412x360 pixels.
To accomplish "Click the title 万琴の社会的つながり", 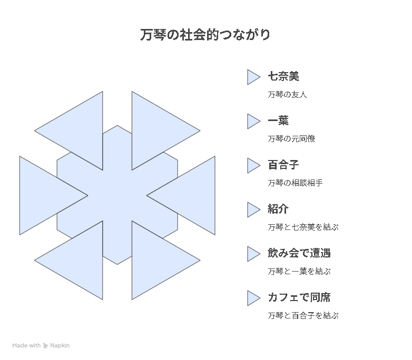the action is pyautogui.click(x=205, y=35).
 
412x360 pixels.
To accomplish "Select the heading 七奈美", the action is pyautogui.click(x=283, y=76).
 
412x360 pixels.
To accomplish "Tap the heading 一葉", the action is pyautogui.click(x=278, y=121).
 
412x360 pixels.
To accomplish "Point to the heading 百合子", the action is pyautogui.click(x=283, y=165).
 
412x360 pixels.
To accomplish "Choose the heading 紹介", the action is pyautogui.click(x=278, y=209).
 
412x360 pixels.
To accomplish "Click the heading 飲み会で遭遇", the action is pyautogui.click(x=299, y=253).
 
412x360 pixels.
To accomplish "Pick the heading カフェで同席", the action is pyautogui.click(x=299, y=297).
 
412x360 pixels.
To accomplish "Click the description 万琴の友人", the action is pyautogui.click(x=288, y=95).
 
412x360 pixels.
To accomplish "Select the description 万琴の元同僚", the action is pyautogui.click(x=291, y=138).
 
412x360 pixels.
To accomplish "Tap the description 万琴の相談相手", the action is pyautogui.click(x=296, y=183).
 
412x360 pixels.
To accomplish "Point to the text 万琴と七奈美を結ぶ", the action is pyautogui.click(x=303, y=227).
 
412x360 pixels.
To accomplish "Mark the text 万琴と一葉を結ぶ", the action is pyautogui.click(x=299, y=271).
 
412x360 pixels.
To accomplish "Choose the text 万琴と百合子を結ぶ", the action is pyautogui.click(x=303, y=315).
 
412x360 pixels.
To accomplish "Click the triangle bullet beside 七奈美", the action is pyautogui.click(x=252, y=77).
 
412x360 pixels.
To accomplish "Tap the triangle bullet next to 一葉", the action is pyautogui.click(x=252, y=121).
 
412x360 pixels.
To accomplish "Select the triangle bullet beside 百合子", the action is pyautogui.click(x=252, y=165).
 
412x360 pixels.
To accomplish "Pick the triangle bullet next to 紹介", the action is pyautogui.click(x=252, y=210).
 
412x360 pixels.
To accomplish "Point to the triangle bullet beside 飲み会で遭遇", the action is pyautogui.click(x=252, y=254).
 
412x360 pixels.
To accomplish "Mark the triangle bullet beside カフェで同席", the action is pyautogui.click(x=252, y=298).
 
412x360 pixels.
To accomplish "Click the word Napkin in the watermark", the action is pyautogui.click(x=60, y=346).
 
